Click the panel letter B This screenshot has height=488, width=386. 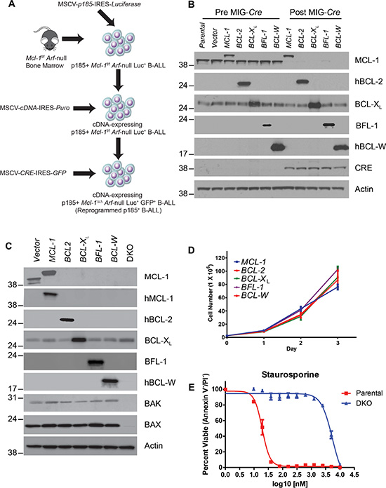point(192,5)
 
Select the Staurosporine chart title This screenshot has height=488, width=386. point(290,374)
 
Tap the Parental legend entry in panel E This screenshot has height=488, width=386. point(362,393)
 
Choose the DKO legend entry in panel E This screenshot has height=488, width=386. point(357,403)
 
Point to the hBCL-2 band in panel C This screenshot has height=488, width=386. point(67,320)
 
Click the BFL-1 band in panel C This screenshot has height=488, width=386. point(95,362)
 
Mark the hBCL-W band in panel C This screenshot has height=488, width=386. point(110,381)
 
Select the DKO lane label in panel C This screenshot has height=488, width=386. point(130,252)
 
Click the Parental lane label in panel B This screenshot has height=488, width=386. point(202,35)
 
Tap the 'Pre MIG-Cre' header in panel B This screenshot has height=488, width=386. point(239,12)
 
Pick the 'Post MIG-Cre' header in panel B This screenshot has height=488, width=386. point(315,12)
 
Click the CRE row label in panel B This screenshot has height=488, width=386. point(364,168)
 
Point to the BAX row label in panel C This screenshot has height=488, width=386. point(153,425)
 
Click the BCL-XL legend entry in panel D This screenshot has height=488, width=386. point(253,279)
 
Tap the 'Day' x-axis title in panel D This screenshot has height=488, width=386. point(291,349)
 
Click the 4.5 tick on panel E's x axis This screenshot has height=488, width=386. point(354,475)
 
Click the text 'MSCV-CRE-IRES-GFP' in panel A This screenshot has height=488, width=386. point(33,172)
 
